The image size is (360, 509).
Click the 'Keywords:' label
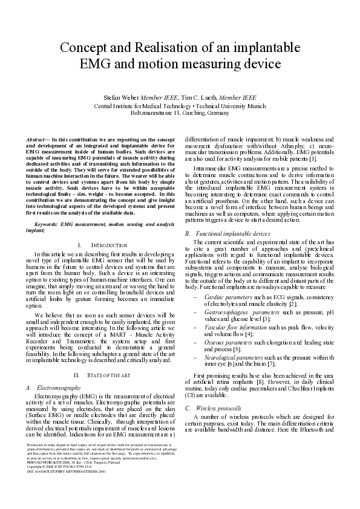click(47, 224)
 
